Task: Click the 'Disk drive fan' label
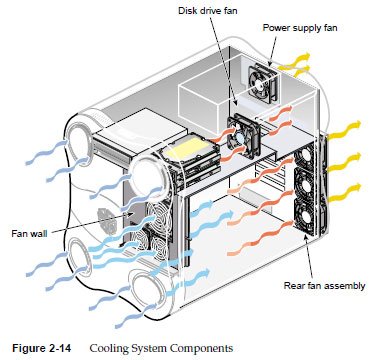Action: (x=207, y=11)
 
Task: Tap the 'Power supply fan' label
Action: (x=300, y=27)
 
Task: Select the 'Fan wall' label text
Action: (x=29, y=233)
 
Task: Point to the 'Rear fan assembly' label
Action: (x=324, y=286)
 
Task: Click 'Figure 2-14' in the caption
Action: (x=42, y=348)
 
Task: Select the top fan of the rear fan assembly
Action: (x=304, y=156)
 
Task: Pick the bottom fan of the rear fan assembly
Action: (x=305, y=217)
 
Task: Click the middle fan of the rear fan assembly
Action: (x=305, y=185)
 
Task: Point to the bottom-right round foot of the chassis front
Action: (x=148, y=292)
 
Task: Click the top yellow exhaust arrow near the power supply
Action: (x=295, y=61)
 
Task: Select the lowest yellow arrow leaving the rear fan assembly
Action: (x=345, y=193)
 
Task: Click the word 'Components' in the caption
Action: (x=202, y=349)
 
